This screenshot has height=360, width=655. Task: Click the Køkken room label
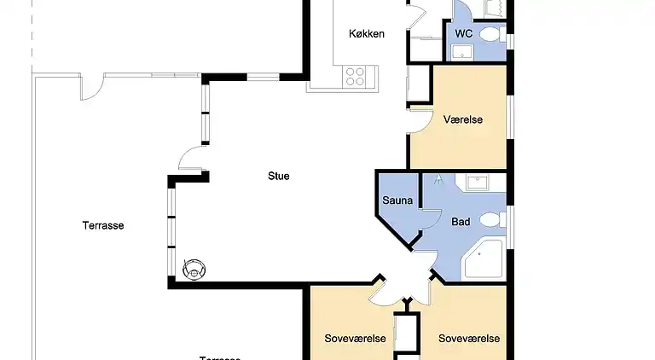coord(367,34)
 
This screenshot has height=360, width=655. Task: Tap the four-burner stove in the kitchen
coord(355,75)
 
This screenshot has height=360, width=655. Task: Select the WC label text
coord(464,33)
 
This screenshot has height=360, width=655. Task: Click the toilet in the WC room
coord(490,35)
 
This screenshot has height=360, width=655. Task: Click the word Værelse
coord(463,119)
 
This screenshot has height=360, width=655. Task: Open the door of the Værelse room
coord(420,119)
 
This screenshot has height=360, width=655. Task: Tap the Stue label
coord(278,177)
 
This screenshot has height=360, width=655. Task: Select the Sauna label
coord(397,201)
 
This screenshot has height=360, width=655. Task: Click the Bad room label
coord(461,222)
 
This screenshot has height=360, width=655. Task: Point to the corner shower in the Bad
coord(486,260)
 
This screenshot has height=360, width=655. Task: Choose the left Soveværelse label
coord(356,339)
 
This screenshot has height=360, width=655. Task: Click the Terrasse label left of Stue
coord(103,226)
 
